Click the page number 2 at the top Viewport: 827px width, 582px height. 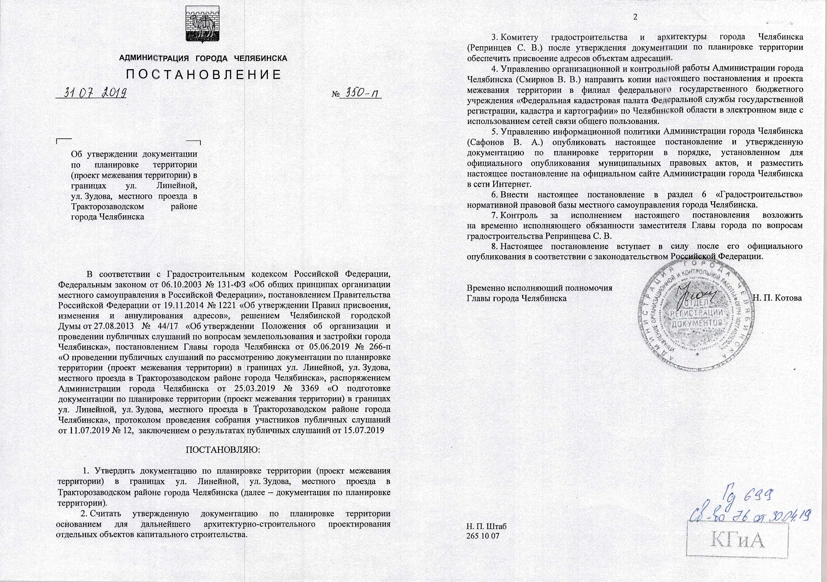coord(635,17)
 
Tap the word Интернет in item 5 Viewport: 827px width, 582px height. coord(512,184)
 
